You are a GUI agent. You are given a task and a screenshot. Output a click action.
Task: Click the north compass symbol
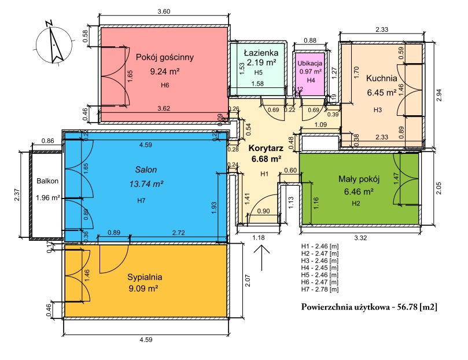click(54, 43)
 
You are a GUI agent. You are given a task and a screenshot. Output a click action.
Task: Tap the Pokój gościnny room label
click(165, 57)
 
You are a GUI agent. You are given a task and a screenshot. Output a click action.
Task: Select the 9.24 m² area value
click(165, 72)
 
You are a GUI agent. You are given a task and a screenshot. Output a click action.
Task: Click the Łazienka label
click(261, 53)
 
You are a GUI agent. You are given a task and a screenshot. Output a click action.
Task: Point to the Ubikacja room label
click(310, 63)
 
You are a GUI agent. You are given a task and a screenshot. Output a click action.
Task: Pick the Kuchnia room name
click(381, 78)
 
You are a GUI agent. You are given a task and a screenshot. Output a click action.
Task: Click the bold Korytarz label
click(266, 148)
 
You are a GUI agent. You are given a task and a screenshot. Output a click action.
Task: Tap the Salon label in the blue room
click(146, 170)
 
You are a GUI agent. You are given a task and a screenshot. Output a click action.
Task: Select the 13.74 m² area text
click(146, 184)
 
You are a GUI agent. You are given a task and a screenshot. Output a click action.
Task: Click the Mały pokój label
click(359, 179)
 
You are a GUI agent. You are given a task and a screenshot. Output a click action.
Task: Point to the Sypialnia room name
click(145, 277)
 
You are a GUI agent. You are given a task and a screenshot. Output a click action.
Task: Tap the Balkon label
click(47, 181)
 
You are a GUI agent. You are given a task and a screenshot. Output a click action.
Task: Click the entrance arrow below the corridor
click(261, 258)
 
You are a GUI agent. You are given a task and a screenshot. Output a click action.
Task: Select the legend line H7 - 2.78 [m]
click(320, 289)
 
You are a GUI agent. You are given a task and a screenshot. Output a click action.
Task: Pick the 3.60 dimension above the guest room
click(164, 12)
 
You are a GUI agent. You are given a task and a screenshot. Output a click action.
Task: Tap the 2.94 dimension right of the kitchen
click(438, 95)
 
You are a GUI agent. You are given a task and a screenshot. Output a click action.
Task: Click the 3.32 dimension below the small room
click(360, 238)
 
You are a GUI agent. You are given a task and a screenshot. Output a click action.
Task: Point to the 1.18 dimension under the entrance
click(259, 238)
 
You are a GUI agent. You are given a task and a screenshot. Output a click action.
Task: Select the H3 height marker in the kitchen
click(378, 110)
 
